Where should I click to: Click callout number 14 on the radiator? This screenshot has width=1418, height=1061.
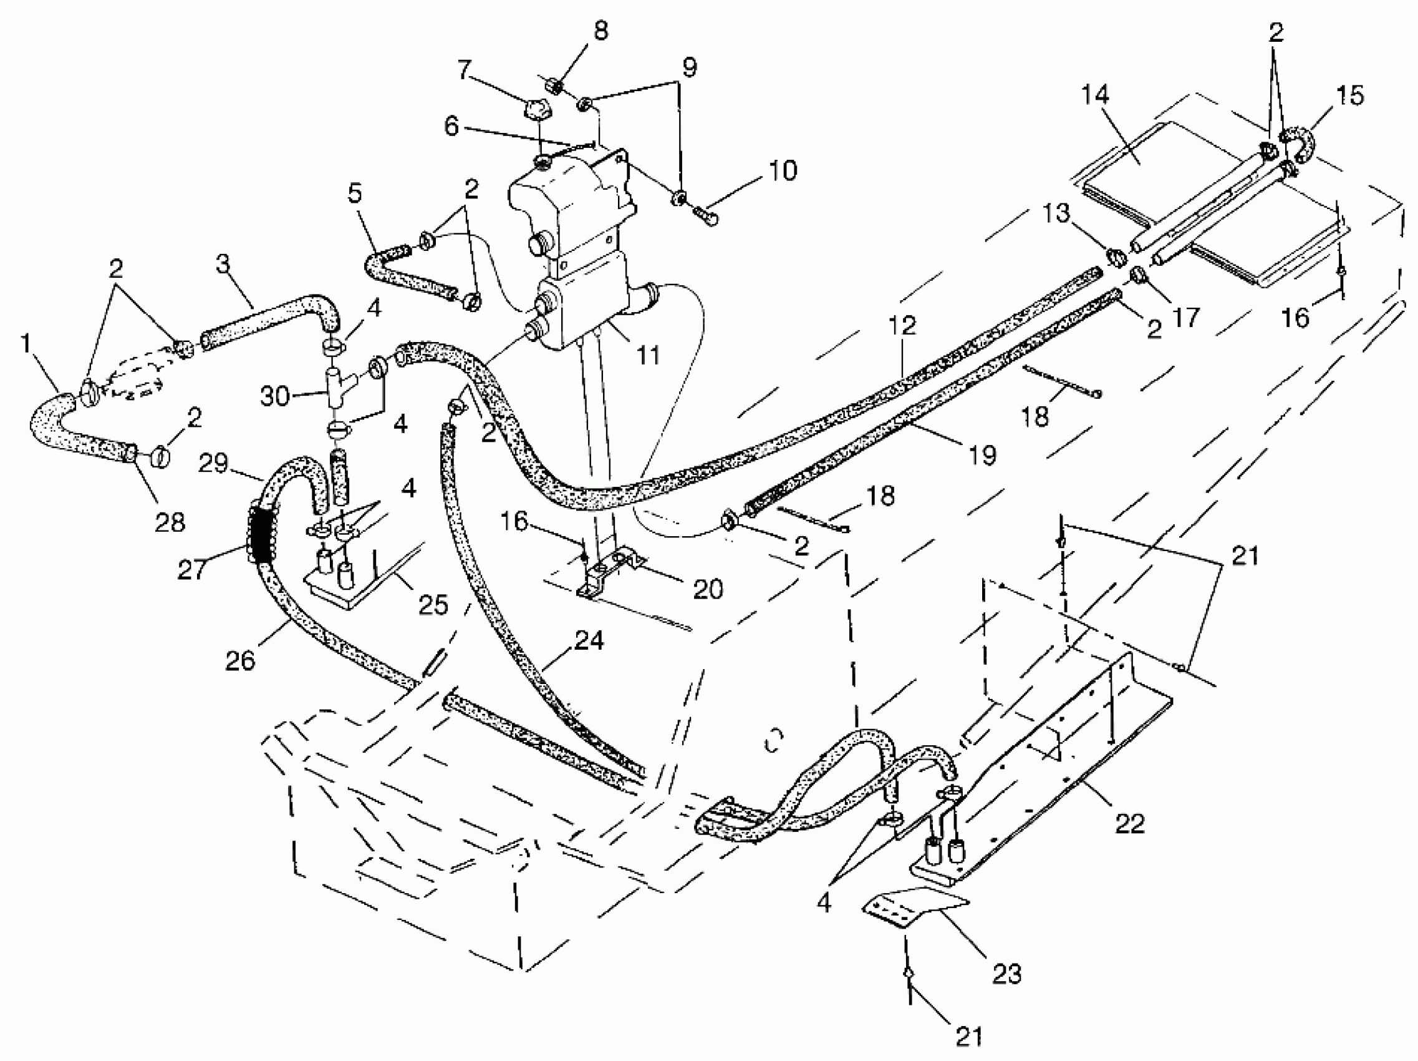coord(1095,95)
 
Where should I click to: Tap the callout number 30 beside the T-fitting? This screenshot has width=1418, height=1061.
coord(275,396)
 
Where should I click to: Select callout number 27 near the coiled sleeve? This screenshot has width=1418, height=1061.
coord(192,569)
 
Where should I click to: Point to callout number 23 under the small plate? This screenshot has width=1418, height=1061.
coord(1006,974)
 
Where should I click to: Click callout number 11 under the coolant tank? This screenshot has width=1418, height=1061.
coord(648,354)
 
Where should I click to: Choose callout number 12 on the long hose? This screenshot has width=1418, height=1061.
coord(902,325)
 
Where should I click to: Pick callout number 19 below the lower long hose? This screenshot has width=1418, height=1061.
coord(982,455)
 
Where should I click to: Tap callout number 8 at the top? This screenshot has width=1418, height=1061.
coord(600,30)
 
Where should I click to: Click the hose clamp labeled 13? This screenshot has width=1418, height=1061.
coord(1117,257)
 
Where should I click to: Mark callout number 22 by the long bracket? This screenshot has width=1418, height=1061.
coord(1129,824)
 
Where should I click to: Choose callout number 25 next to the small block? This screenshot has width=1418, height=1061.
coord(433,604)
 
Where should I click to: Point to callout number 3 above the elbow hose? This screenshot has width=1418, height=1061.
coord(223,263)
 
